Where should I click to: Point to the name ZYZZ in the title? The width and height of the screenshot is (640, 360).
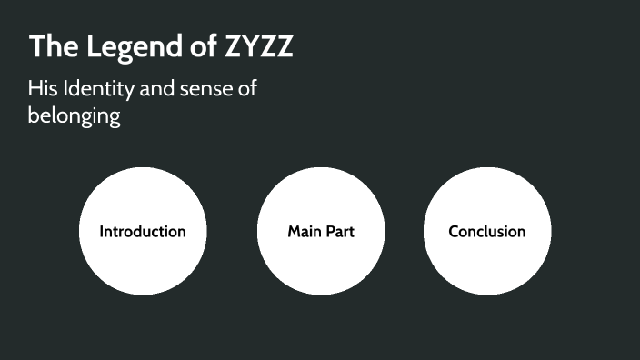coord(258,47)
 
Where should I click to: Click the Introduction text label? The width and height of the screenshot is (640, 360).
coord(143,232)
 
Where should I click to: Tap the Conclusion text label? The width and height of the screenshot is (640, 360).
coord(487,232)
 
